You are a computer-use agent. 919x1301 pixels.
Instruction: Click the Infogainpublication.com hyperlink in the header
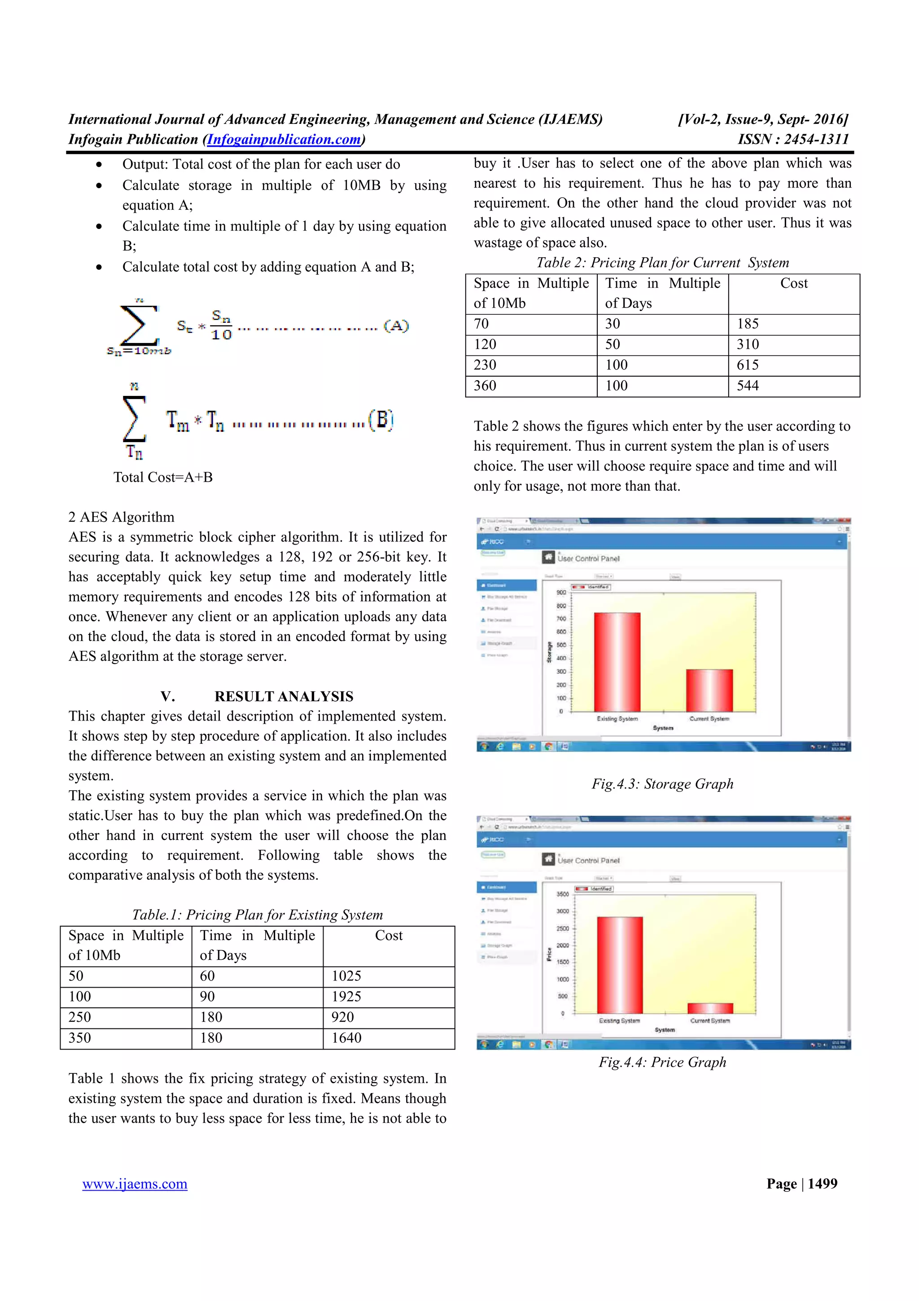[x=284, y=139]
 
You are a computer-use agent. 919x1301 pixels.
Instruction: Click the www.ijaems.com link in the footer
[x=135, y=1184]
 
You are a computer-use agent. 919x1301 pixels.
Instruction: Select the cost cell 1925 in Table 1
[x=346, y=997]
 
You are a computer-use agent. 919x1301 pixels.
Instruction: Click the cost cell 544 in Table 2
[x=748, y=386]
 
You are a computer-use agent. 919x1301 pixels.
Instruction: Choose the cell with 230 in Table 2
[x=485, y=365]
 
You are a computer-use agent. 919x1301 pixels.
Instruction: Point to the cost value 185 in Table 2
[x=748, y=324]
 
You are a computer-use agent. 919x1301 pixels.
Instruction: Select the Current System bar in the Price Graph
[x=710, y=1008]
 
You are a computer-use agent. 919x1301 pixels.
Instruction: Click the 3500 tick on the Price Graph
[x=562, y=894]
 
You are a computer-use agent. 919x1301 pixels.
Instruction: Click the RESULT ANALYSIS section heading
[x=284, y=696]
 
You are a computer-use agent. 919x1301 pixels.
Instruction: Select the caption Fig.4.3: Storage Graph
[x=662, y=784]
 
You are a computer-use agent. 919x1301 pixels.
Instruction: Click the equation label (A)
[x=396, y=326]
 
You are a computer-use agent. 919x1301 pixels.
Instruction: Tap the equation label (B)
[x=381, y=420]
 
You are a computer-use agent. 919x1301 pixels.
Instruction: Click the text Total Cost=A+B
[x=163, y=477]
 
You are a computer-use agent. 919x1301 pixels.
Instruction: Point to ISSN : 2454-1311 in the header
[x=793, y=139]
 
